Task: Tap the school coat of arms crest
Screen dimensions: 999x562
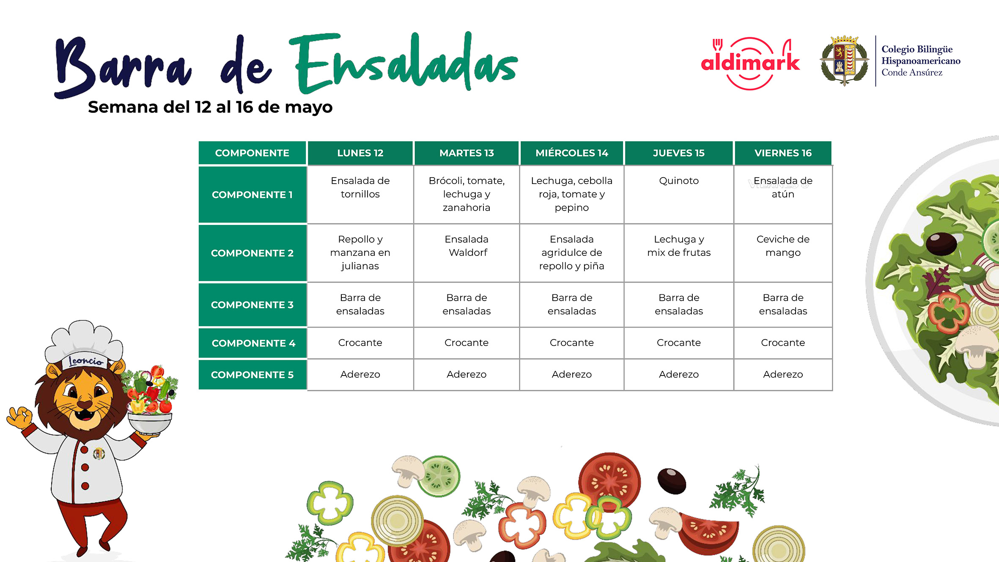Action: [x=844, y=60]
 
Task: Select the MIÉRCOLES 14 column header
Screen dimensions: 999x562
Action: [x=571, y=153]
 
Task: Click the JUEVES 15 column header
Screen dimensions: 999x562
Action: [x=678, y=153]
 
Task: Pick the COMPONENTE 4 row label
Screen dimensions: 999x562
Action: [x=252, y=343]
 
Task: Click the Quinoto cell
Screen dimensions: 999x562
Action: [x=679, y=194]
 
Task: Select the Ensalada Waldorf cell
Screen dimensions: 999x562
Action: [x=467, y=253]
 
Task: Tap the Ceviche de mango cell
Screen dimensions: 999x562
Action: [x=783, y=253]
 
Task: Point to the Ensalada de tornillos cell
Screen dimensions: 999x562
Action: [x=360, y=194]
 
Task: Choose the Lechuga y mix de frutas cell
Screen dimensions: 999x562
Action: [x=679, y=253]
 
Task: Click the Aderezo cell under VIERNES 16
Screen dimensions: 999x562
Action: [x=783, y=374]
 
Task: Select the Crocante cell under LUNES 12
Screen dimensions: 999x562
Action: [x=360, y=343]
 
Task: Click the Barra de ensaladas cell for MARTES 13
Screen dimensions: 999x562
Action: [x=467, y=304]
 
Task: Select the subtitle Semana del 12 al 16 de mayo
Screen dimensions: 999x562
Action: [x=210, y=107]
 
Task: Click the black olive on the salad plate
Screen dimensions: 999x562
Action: [x=941, y=244]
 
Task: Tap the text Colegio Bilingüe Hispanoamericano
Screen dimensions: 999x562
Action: [x=921, y=55]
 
